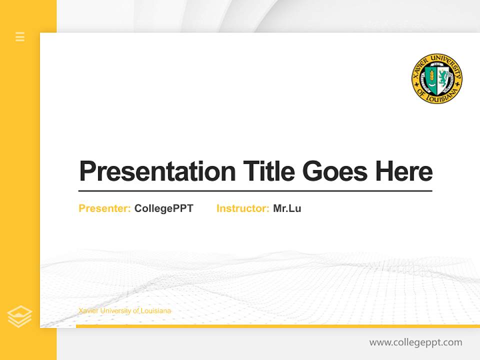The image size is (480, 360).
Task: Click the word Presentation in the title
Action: click(157, 171)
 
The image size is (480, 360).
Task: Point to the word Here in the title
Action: click(403, 171)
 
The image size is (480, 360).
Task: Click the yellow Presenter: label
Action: click(105, 208)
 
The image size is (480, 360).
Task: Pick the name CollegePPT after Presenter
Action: click(163, 208)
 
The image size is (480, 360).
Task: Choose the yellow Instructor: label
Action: click(243, 208)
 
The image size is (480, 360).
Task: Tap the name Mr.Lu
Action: click(287, 208)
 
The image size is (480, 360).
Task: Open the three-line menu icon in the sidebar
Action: click(20, 36)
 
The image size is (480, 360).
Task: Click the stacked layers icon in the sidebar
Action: click(19, 316)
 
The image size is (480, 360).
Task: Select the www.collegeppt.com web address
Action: click(415, 342)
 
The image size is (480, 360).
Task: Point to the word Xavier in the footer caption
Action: click(88, 311)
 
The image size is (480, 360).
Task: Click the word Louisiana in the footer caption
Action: click(156, 311)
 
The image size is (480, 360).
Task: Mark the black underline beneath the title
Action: click(255, 191)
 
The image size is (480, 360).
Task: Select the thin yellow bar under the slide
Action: click(277, 326)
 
